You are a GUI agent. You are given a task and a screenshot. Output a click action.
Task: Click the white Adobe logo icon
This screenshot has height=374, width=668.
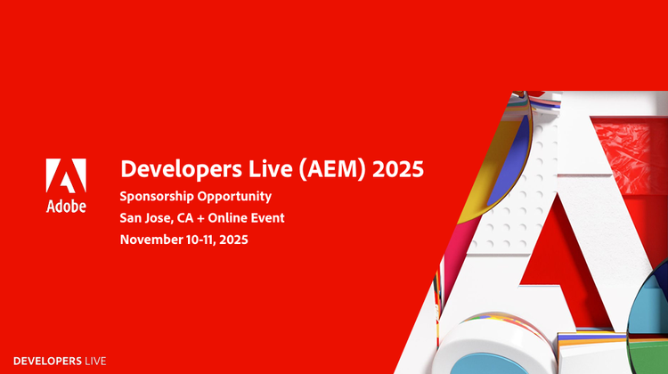pos(67,176)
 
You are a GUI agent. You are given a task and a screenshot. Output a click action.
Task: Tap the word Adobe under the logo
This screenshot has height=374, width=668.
pos(67,206)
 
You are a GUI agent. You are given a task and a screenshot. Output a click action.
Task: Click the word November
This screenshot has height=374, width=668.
pos(151,239)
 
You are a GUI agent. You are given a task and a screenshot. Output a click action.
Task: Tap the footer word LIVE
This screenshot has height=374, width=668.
pos(95,361)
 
